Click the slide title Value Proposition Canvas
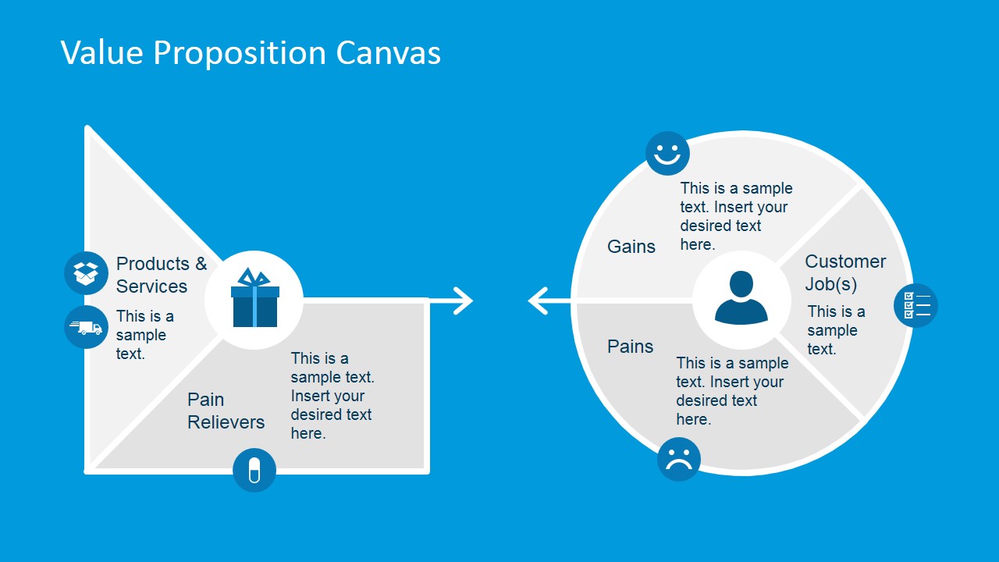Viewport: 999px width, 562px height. click(x=251, y=53)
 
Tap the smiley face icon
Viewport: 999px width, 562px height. click(x=667, y=153)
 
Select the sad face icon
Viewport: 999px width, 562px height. click(x=679, y=459)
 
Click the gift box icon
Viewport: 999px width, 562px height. click(x=254, y=299)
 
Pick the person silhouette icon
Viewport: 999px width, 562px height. click(x=741, y=299)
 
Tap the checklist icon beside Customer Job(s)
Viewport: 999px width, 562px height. click(x=915, y=305)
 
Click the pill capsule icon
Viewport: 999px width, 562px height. click(x=254, y=470)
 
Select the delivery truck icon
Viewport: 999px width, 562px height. click(x=86, y=327)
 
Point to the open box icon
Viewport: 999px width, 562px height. click(x=86, y=273)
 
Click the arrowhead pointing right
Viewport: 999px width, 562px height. click(x=464, y=301)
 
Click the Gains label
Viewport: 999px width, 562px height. click(x=631, y=247)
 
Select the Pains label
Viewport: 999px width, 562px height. click(x=631, y=347)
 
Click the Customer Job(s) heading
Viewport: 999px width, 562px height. click(x=845, y=272)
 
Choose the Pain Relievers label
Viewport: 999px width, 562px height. click(x=226, y=411)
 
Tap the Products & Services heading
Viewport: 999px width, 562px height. click(x=161, y=275)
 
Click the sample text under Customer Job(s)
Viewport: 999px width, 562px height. click(x=836, y=330)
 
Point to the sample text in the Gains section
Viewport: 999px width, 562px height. click(x=736, y=216)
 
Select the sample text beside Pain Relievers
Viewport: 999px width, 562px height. click(x=332, y=396)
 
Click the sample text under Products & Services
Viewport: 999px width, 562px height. click(x=144, y=335)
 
